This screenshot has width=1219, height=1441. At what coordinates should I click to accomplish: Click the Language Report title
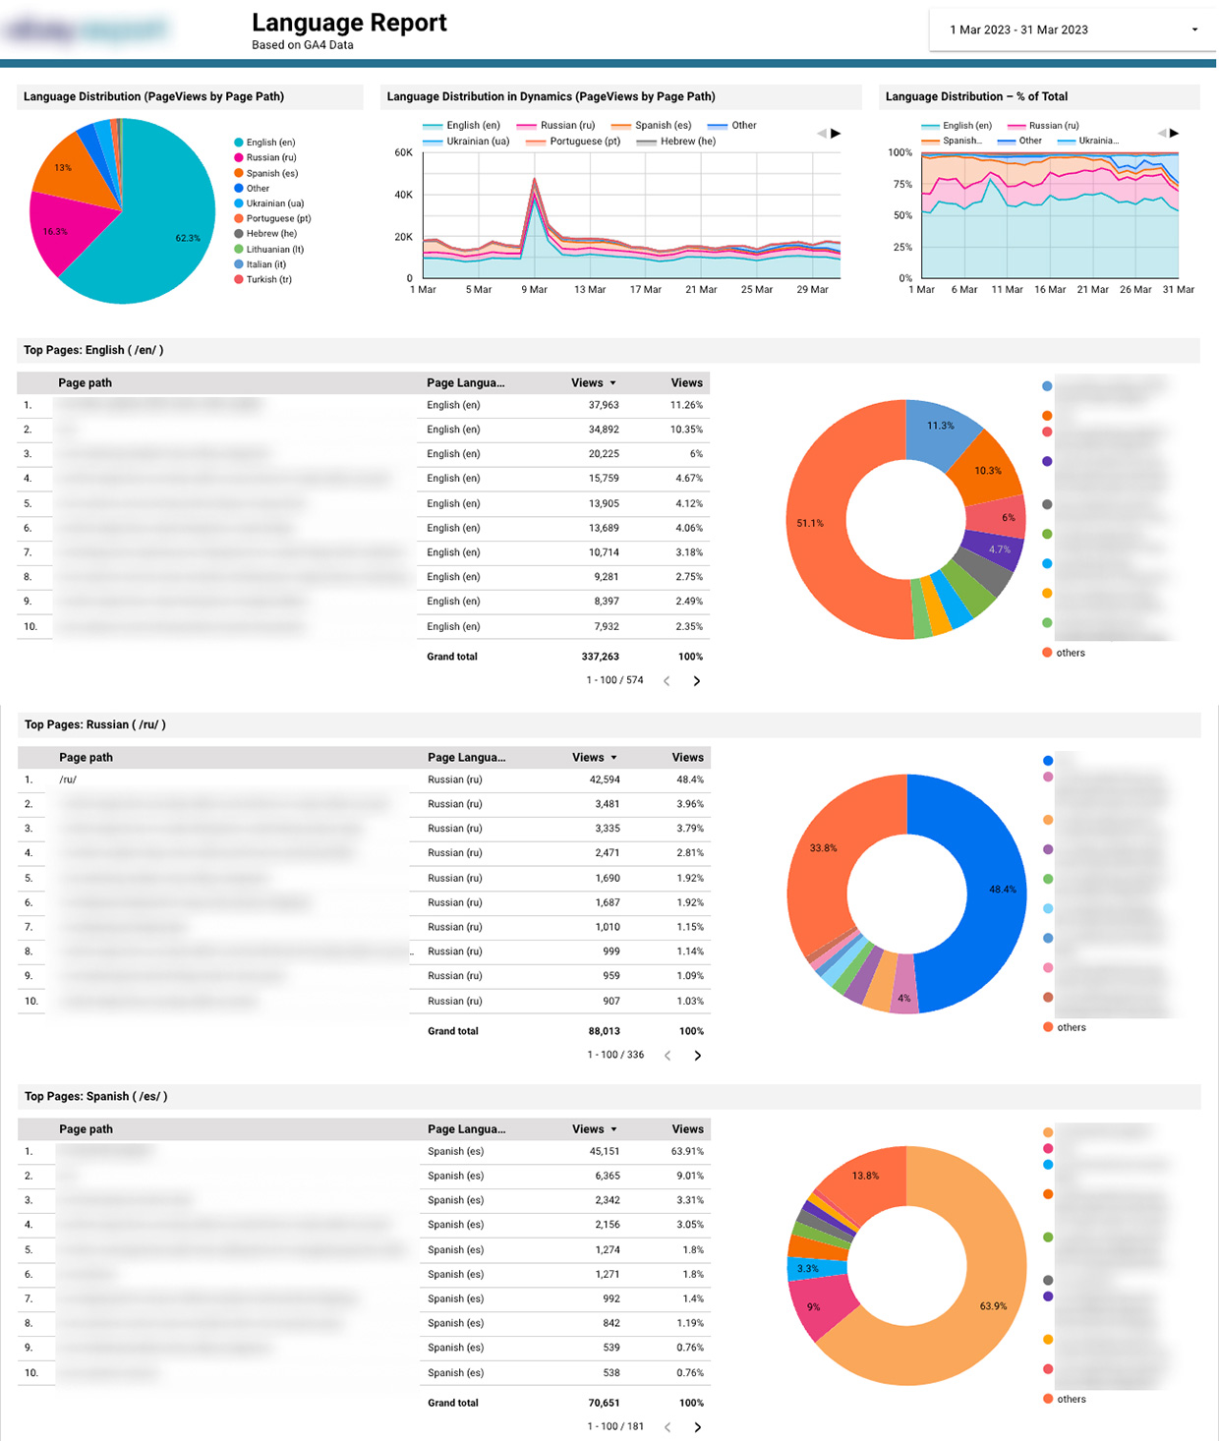click(349, 23)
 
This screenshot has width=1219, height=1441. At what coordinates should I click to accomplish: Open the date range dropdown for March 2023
click(1072, 29)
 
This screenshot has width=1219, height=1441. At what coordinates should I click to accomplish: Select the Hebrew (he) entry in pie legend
click(270, 234)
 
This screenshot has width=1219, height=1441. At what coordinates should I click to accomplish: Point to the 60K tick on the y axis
click(403, 152)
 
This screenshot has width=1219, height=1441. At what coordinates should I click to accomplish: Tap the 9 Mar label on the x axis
click(534, 289)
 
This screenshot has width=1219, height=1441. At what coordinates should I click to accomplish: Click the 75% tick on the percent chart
click(901, 184)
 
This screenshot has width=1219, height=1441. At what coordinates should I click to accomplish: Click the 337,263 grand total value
click(600, 657)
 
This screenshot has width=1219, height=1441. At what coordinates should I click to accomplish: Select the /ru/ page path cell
click(68, 779)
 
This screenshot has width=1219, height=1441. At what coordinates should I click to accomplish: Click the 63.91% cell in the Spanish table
click(687, 1151)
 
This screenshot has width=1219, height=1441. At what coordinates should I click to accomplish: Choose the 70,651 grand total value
click(604, 1403)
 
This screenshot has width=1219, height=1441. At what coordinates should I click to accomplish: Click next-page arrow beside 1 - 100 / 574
click(697, 680)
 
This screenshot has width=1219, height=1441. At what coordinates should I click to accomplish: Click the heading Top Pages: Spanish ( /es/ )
click(95, 1096)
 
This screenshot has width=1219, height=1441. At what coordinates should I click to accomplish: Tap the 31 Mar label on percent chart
click(1178, 289)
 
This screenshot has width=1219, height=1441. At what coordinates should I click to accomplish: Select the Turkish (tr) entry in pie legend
click(268, 279)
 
